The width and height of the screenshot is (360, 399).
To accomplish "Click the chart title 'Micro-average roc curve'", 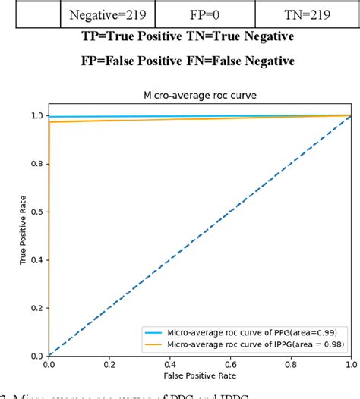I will pos(201,96).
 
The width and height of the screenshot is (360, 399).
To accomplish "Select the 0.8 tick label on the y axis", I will pos(35,164).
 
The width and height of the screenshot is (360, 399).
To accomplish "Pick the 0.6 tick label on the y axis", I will pos(35,212).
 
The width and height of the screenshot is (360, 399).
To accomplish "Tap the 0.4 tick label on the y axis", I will pos(35,259).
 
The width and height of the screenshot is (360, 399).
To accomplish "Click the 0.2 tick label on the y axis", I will pos(35,307).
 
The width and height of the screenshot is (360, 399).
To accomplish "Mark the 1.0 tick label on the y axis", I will pos(35,116).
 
